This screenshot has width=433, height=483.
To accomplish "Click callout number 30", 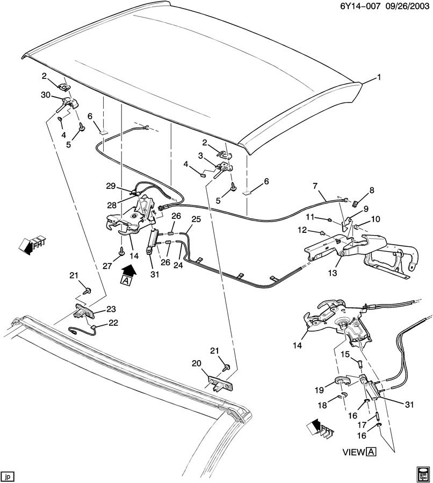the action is click(x=45, y=95).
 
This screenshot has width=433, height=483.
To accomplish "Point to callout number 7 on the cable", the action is click(x=315, y=186).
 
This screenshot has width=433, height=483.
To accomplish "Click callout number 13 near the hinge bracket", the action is click(x=333, y=273).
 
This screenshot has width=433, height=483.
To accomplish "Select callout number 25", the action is click(x=196, y=219).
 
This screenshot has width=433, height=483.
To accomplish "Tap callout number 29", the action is click(x=111, y=186).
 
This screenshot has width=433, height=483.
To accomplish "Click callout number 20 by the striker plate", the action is click(x=197, y=363).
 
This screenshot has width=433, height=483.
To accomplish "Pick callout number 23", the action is click(x=111, y=309).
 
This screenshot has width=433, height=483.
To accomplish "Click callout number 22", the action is click(x=113, y=323).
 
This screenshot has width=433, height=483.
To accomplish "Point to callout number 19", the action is click(x=320, y=390).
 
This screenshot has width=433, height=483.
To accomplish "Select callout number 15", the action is click(x=345, y=355).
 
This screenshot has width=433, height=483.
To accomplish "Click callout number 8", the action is click(x=371, y=191).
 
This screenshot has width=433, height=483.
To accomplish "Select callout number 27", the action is click(x=107, y=266).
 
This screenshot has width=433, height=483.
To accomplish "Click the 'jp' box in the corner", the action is click(x=7, y=476).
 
